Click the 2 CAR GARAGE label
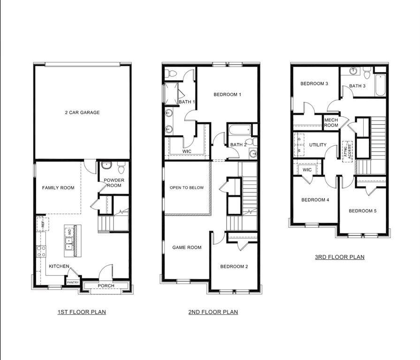[82, 112]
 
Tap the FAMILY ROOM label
[58, 188]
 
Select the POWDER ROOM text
[113, 183]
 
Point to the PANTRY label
[72, 282]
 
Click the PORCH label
[106, 286]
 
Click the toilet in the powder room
[121, 167]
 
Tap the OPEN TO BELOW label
[187, 188]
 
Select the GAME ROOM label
[187, 247]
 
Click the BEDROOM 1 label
[227, 95]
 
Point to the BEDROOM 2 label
[234, 267]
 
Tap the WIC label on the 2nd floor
[187, 151]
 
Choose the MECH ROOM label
[331, 123]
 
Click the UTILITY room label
[318, 145]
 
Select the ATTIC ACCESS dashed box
[347, 151]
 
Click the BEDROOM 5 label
[362, 211]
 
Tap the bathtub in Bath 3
[380, 85]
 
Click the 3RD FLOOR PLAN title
[339, 257]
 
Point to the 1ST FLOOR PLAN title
[82, 312]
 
